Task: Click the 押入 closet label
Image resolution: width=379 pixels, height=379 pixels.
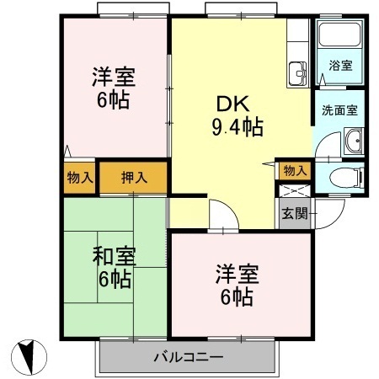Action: coord(134,178)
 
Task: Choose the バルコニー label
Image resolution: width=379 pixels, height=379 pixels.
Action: coord(188,356)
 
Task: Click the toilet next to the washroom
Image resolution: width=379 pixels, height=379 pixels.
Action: coord(344,177)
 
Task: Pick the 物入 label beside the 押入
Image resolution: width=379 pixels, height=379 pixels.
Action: coord(81,178)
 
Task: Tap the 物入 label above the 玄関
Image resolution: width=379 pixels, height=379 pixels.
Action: coord(294,170)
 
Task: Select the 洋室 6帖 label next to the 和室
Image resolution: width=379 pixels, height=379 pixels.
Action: coord(235,286)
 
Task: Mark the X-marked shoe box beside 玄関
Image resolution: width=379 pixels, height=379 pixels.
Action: coord(291,189)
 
